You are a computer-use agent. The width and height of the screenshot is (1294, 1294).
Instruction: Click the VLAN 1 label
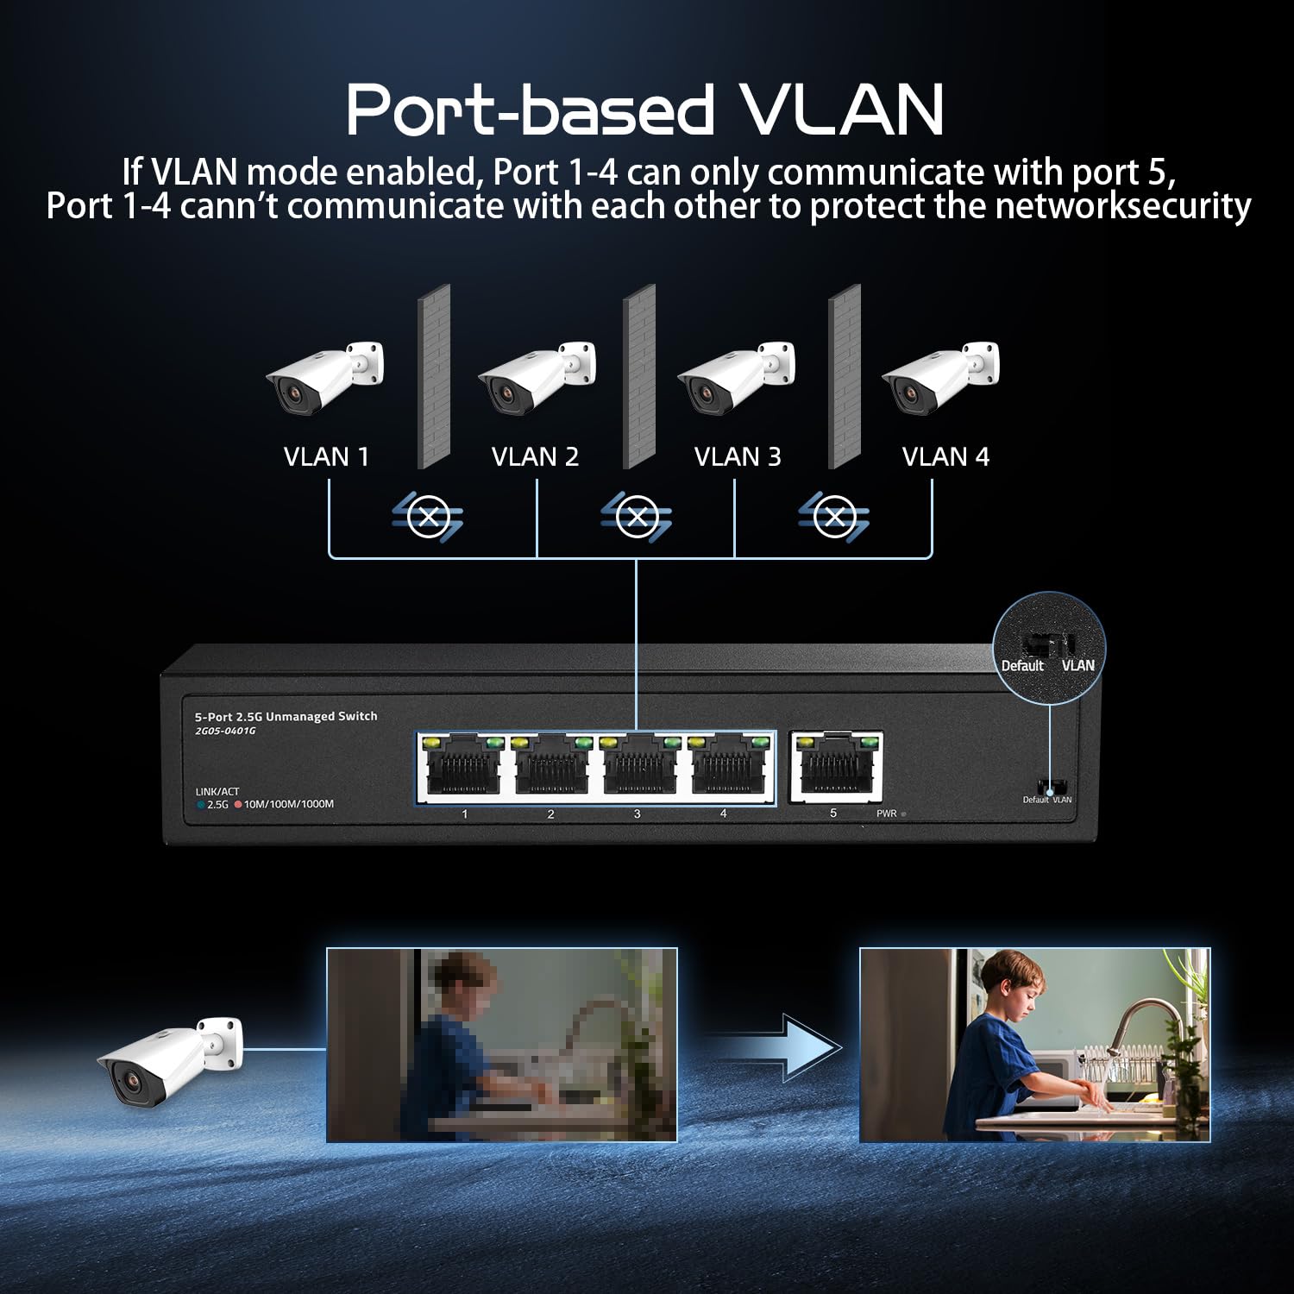[x=326, y=456]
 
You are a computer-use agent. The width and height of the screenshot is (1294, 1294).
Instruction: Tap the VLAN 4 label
[x=945, y=456]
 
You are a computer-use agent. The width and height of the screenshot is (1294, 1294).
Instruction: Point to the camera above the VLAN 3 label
[x=735, y=377]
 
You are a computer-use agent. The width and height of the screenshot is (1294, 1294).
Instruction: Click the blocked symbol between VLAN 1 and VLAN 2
[x=428, y=517]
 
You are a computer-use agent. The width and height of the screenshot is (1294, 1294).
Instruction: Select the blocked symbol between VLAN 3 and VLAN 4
[x=833, y=517]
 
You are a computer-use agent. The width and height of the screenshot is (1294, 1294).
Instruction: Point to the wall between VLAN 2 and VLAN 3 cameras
[x=639, y=376]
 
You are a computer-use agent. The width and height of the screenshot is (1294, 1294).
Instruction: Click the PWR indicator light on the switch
[x=903, y=813]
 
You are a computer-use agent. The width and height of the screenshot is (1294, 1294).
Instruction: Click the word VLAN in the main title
[x=842, y=110]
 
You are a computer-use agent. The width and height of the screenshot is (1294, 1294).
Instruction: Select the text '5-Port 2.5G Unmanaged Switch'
[x=286, y=716]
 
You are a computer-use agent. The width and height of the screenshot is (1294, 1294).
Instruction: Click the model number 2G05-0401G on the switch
[x=225, y=731]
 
